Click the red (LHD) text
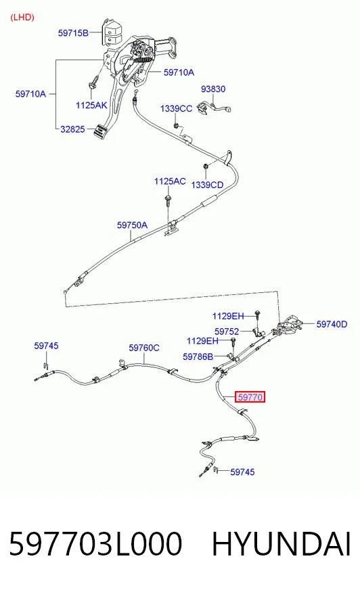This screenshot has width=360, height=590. [x=22, y=18]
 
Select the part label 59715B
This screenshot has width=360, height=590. [x=73, y=33]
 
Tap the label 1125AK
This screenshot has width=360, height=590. [x=91, y=106]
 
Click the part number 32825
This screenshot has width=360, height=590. [x=72, y=129]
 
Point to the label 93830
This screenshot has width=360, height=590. [x=213, y=89]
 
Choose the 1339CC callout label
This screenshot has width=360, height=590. [x=176, y=109]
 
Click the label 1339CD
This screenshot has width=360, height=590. [x=207, y=185]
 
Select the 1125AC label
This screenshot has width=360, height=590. [x=170, y=181]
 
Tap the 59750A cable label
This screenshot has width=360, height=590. [x=132, y=225]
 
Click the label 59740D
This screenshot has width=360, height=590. [x=332, y=324]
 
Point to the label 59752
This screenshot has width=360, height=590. [x=227, y=332]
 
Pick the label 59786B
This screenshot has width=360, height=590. [x=198, y=357]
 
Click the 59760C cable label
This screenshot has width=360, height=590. [x=144, y=348]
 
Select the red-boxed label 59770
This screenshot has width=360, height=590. [x=250, y=397]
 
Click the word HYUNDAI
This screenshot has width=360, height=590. [x=282, y=544]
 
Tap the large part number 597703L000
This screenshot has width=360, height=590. [x=95, y=544]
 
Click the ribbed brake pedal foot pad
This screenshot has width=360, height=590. [x=99, y=131]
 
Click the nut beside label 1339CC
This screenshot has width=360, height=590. [x=176, y=124]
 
